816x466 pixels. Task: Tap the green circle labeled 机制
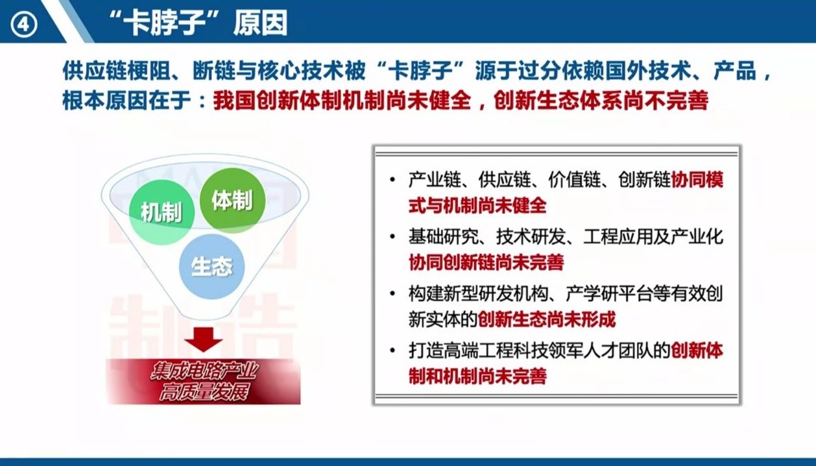(162, 212)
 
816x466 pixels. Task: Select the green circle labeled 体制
(232, 200)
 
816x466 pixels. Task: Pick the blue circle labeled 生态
(211, 266)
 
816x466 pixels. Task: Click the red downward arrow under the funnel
(203, 339)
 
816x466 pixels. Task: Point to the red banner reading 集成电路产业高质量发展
(203, 382)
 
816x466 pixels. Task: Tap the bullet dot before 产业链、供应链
(392, 180)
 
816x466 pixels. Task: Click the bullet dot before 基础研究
(392, 237)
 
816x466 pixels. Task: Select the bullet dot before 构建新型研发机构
(392, 293)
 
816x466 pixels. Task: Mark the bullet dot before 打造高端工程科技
(392, 350)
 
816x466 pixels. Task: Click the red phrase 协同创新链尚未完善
(486, 262)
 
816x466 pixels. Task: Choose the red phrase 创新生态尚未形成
(546, 319)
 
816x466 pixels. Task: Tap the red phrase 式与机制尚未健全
(477, 205)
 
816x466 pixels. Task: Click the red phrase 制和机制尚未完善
(477, 376)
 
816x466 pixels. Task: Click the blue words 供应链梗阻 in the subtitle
(116, 70)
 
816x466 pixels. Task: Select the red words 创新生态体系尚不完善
(601, 100)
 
